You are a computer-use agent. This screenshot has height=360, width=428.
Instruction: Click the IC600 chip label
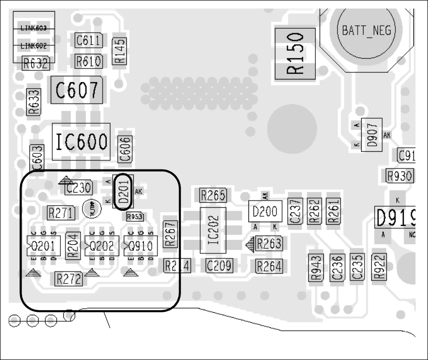click(81, 142)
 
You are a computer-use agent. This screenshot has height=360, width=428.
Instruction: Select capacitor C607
click(77, 91)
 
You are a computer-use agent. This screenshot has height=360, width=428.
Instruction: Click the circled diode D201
click(124, 192)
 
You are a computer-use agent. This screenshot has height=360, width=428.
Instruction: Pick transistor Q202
click(103, 246)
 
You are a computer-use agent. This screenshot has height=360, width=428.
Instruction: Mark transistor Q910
click(141, 246)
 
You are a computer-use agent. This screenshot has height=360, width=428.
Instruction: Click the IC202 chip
click(213, 231)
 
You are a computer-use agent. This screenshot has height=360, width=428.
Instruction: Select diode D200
click(265, 212)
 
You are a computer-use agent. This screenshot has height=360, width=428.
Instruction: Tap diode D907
click(373, 133)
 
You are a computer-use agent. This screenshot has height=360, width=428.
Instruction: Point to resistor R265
click(213, 195)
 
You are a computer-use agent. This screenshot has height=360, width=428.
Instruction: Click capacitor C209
click(219, 265)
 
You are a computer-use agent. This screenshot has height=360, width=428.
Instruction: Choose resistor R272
click(69, 279)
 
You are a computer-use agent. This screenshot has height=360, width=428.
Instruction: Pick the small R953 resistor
click(135, 217)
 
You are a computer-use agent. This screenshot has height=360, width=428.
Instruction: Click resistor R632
click(36, 63)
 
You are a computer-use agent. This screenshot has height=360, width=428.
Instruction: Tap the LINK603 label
click(34, 29)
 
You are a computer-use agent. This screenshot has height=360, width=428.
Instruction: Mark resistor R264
click(269, 266)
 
